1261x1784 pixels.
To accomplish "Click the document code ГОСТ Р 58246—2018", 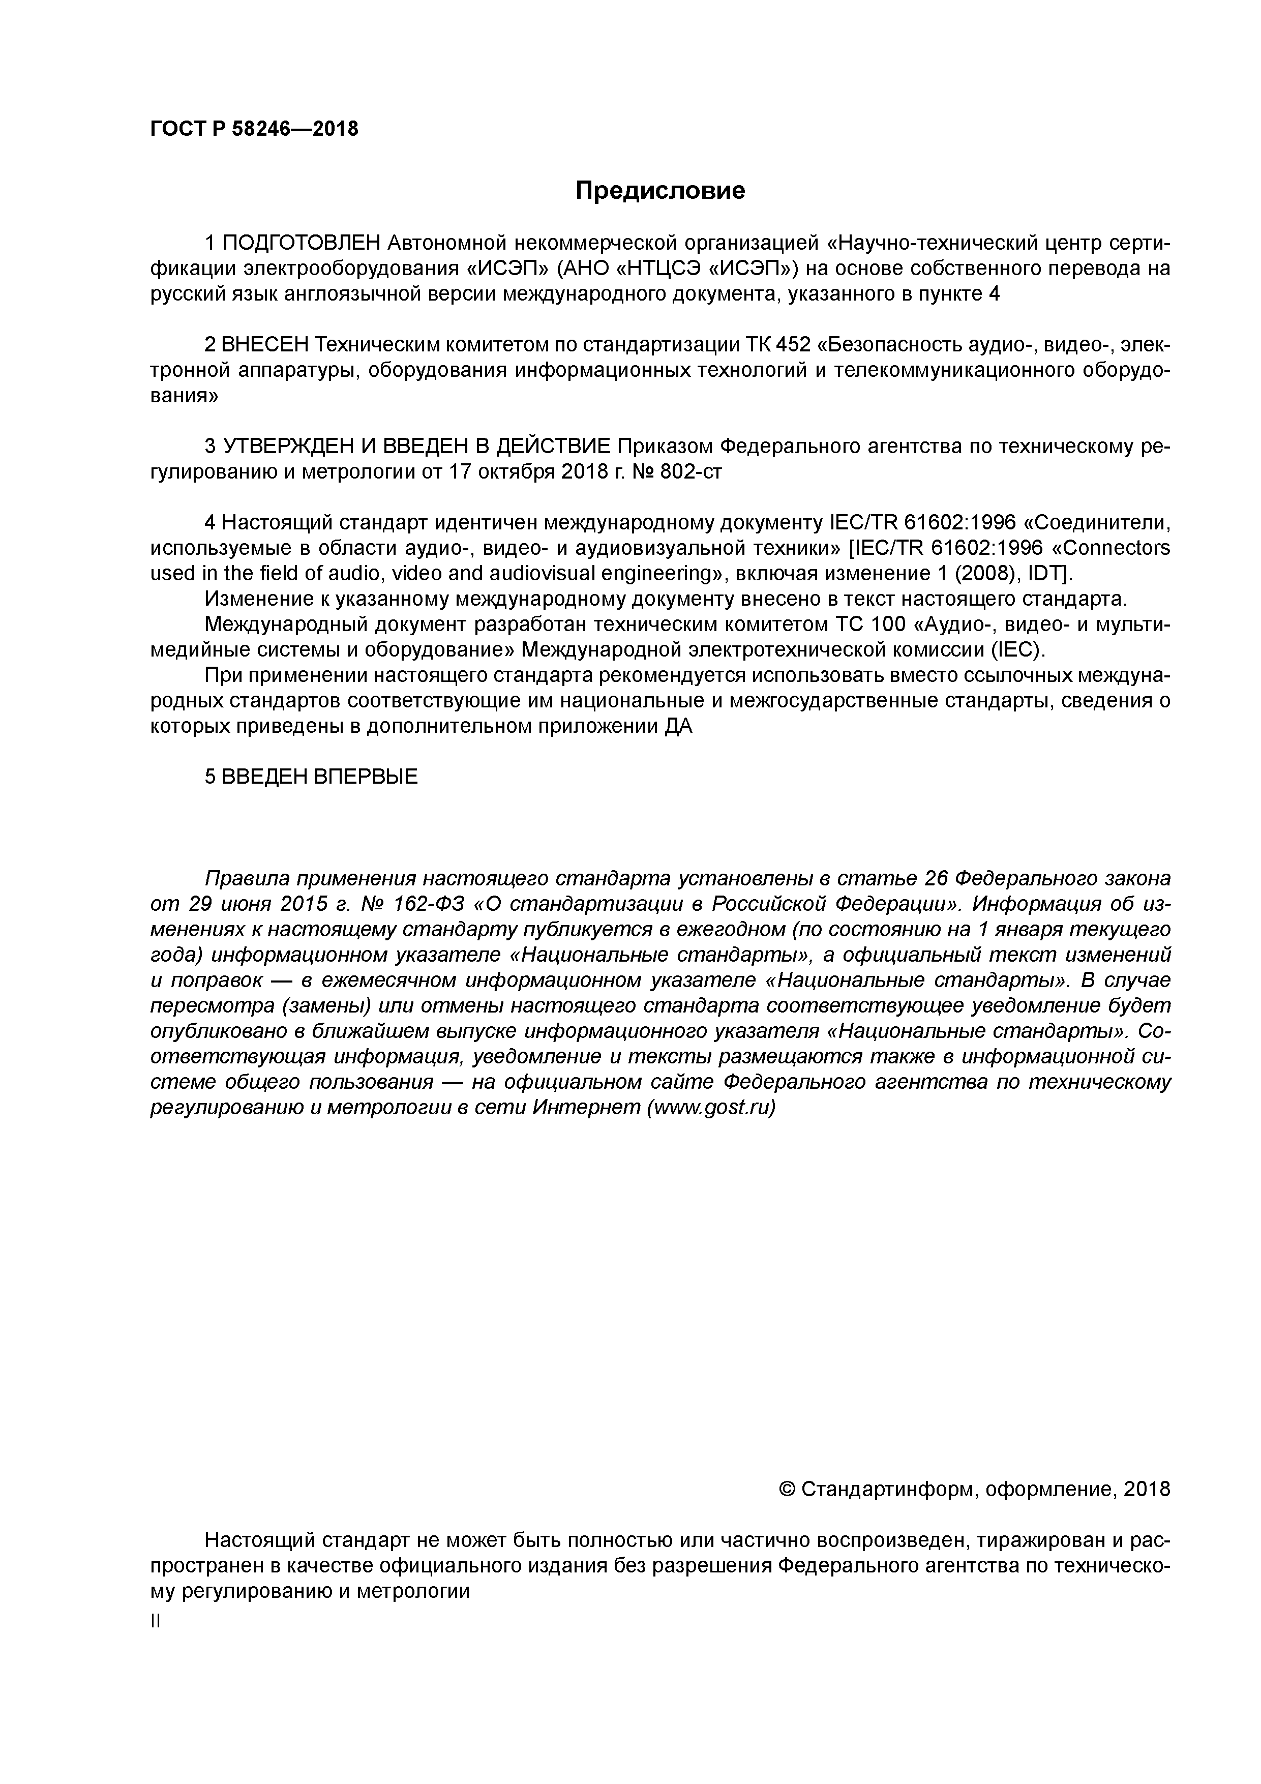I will pos(254,129).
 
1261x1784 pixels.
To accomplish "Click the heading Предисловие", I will pos(659,190).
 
